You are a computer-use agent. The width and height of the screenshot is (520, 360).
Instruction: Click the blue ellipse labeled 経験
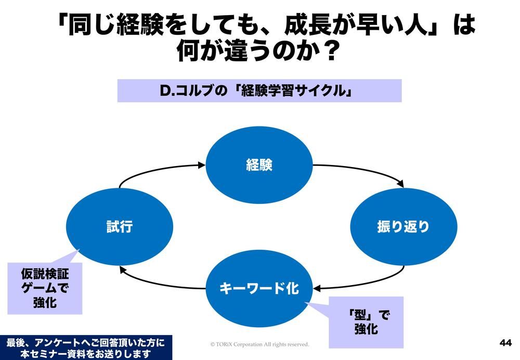pos(259,165)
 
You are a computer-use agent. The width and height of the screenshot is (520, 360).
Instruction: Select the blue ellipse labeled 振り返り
pos(404,227)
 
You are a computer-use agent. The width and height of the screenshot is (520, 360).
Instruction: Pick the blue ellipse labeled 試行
pos(120,227)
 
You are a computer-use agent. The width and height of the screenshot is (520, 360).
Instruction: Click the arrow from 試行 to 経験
pos(156,170)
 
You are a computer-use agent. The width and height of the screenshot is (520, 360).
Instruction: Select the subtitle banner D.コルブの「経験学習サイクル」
pos(259,91)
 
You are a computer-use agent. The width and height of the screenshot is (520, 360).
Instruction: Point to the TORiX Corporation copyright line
pos(259,344)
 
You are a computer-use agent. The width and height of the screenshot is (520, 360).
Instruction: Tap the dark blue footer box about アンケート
pos(85,348)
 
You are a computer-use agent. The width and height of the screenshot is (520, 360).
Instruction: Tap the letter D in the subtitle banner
pos(165,91)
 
